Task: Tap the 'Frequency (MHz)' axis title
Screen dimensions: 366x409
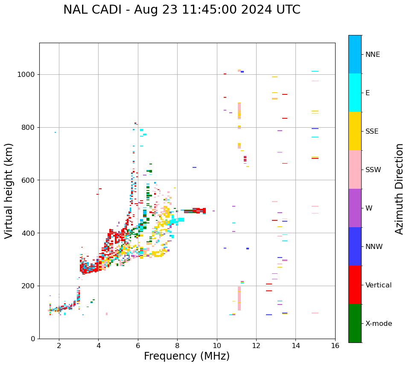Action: coord(187,356)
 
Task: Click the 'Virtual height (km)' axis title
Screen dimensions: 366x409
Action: coord(9,190)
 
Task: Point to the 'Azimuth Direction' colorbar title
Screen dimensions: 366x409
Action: coord(399,188)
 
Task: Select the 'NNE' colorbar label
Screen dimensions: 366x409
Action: coord(372,55)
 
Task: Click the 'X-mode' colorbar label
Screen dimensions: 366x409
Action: coord(378,324)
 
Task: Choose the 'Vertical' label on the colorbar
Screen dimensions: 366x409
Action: coord(378,285)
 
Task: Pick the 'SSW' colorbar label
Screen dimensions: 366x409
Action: coord(373,170)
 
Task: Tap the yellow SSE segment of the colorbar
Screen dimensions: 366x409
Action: coord(355,131)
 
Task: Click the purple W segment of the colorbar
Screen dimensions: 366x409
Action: coord(355,208)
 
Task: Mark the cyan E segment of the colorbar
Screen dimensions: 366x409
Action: coord(355,93)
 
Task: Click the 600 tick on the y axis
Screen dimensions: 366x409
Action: coord(29,180)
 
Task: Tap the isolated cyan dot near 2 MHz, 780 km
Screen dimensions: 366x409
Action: coord(55,132)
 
